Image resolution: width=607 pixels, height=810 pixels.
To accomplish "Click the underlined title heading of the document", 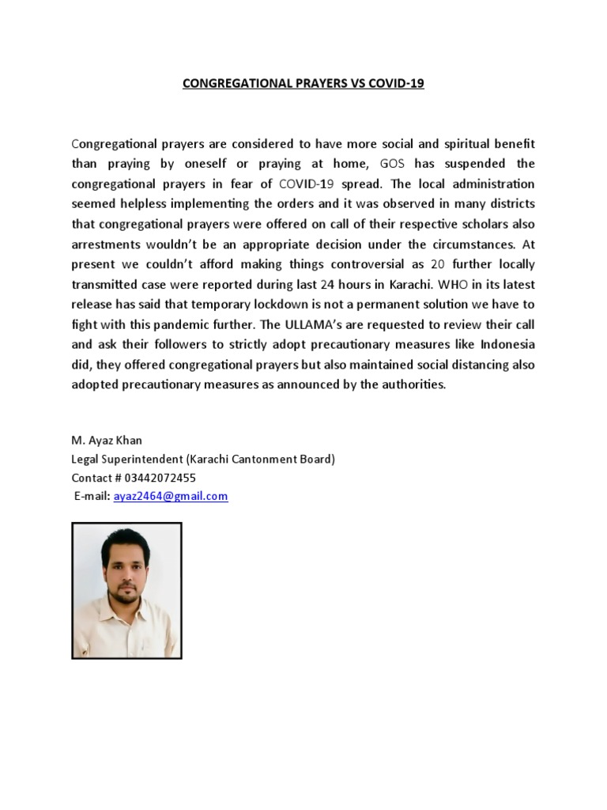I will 303,83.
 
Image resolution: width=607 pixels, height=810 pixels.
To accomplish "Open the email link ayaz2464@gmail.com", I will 171,497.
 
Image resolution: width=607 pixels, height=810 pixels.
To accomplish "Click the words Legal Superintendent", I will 129,459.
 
